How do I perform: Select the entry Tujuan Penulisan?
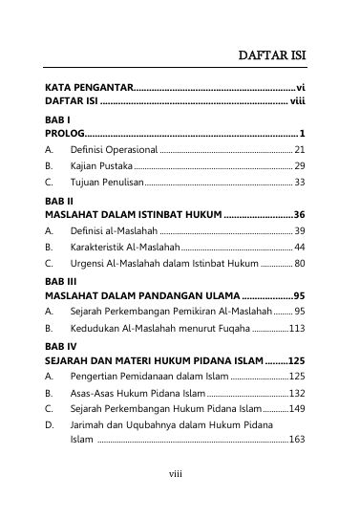coord(107,181)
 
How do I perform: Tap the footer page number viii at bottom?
coord(176,472)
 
